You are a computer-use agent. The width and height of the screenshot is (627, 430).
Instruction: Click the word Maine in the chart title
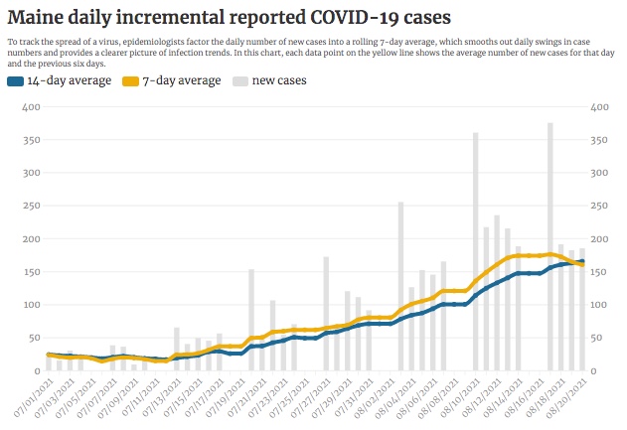tap(38, 17)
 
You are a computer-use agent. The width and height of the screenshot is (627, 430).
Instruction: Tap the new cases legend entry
tap(278, 80)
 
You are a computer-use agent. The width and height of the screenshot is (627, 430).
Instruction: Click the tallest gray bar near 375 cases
tap(549, 248)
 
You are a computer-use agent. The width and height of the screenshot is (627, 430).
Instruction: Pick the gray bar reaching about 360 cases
tap(475, 253)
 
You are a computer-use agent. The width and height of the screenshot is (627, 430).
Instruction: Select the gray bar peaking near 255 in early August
tap(400, 288)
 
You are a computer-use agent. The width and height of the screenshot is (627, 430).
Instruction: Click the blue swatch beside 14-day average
tap(15, 80)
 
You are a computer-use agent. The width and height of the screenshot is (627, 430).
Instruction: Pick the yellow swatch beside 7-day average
tap(130, 80)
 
